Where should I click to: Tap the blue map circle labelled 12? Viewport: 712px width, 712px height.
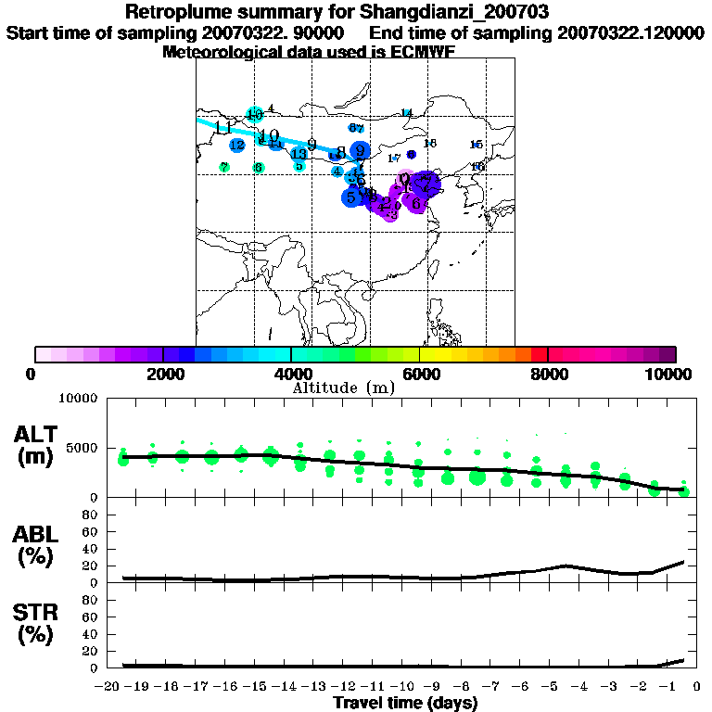click(x=237, y=145)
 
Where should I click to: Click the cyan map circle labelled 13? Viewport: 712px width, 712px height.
click(x=299, y=155)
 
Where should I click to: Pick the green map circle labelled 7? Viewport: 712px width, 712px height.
click(x=224, y=167)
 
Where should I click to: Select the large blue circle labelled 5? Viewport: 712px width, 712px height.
click(x=351, y=197)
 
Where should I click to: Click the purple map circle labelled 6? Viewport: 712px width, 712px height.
click(x=416, y=203)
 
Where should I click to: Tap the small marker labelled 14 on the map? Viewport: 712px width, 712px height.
click(x=406, y=113)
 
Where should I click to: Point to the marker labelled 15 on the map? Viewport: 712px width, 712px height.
click(x=477, y=145)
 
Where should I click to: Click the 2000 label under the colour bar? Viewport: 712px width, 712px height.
click(x=163, y=374)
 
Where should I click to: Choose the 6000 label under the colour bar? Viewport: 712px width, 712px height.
click(x=420, y=374)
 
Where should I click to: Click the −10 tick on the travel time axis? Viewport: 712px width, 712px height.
click(x=403, y=686)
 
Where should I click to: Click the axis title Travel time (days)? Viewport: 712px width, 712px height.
click(x=405, y=703)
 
